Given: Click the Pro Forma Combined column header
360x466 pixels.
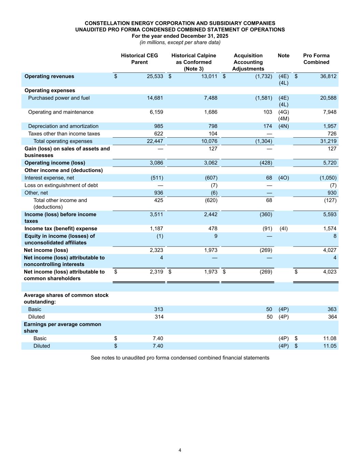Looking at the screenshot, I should (316, 59).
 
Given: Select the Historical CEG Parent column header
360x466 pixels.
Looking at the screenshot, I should (139, 59).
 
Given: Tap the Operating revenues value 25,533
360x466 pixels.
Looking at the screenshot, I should (155, 76).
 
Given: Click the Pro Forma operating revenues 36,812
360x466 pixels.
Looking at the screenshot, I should (328, 76).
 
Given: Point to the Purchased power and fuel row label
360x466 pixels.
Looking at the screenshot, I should (59, 98).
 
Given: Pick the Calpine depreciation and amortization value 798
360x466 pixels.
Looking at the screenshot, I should (213, 126).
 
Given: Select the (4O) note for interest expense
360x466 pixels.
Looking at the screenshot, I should (284, 178).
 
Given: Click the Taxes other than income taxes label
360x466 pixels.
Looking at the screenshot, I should (64, 134).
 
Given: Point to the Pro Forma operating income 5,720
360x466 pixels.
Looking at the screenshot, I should (330, 163).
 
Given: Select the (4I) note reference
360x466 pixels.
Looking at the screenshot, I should (283, 229).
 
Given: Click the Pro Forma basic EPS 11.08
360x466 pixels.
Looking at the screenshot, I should (330, 339).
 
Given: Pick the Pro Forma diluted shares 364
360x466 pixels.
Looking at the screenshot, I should (332, 317).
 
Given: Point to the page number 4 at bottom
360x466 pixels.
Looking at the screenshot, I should (180, 450).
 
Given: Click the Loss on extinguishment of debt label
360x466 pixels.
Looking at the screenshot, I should (61, 185).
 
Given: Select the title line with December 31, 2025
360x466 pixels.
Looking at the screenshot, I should (180, 36).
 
